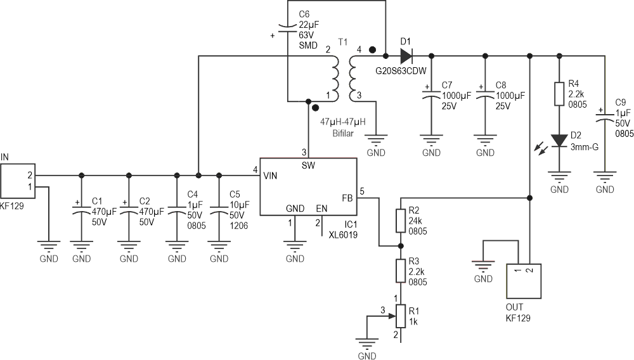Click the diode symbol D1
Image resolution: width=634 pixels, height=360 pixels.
406,56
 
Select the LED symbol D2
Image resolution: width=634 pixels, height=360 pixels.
559,139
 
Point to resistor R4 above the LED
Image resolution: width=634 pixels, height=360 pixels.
559,94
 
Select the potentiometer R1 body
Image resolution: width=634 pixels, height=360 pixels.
400,314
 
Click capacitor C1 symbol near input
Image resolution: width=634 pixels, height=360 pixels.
81,211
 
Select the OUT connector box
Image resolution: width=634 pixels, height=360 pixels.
524,281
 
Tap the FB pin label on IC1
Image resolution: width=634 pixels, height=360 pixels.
347,197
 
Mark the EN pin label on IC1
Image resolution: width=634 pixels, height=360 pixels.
322,208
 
